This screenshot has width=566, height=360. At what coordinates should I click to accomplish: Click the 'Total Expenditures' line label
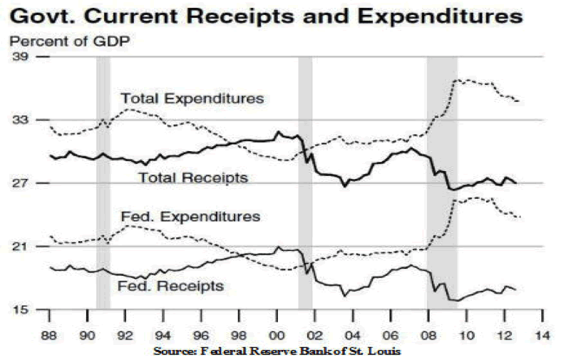click(192, 98)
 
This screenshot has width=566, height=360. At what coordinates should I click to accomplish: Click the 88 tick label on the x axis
click(49, 335)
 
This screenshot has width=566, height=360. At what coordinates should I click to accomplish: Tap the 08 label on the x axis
click(428, 335)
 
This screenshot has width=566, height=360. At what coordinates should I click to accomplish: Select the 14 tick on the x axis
click(542, 335)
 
